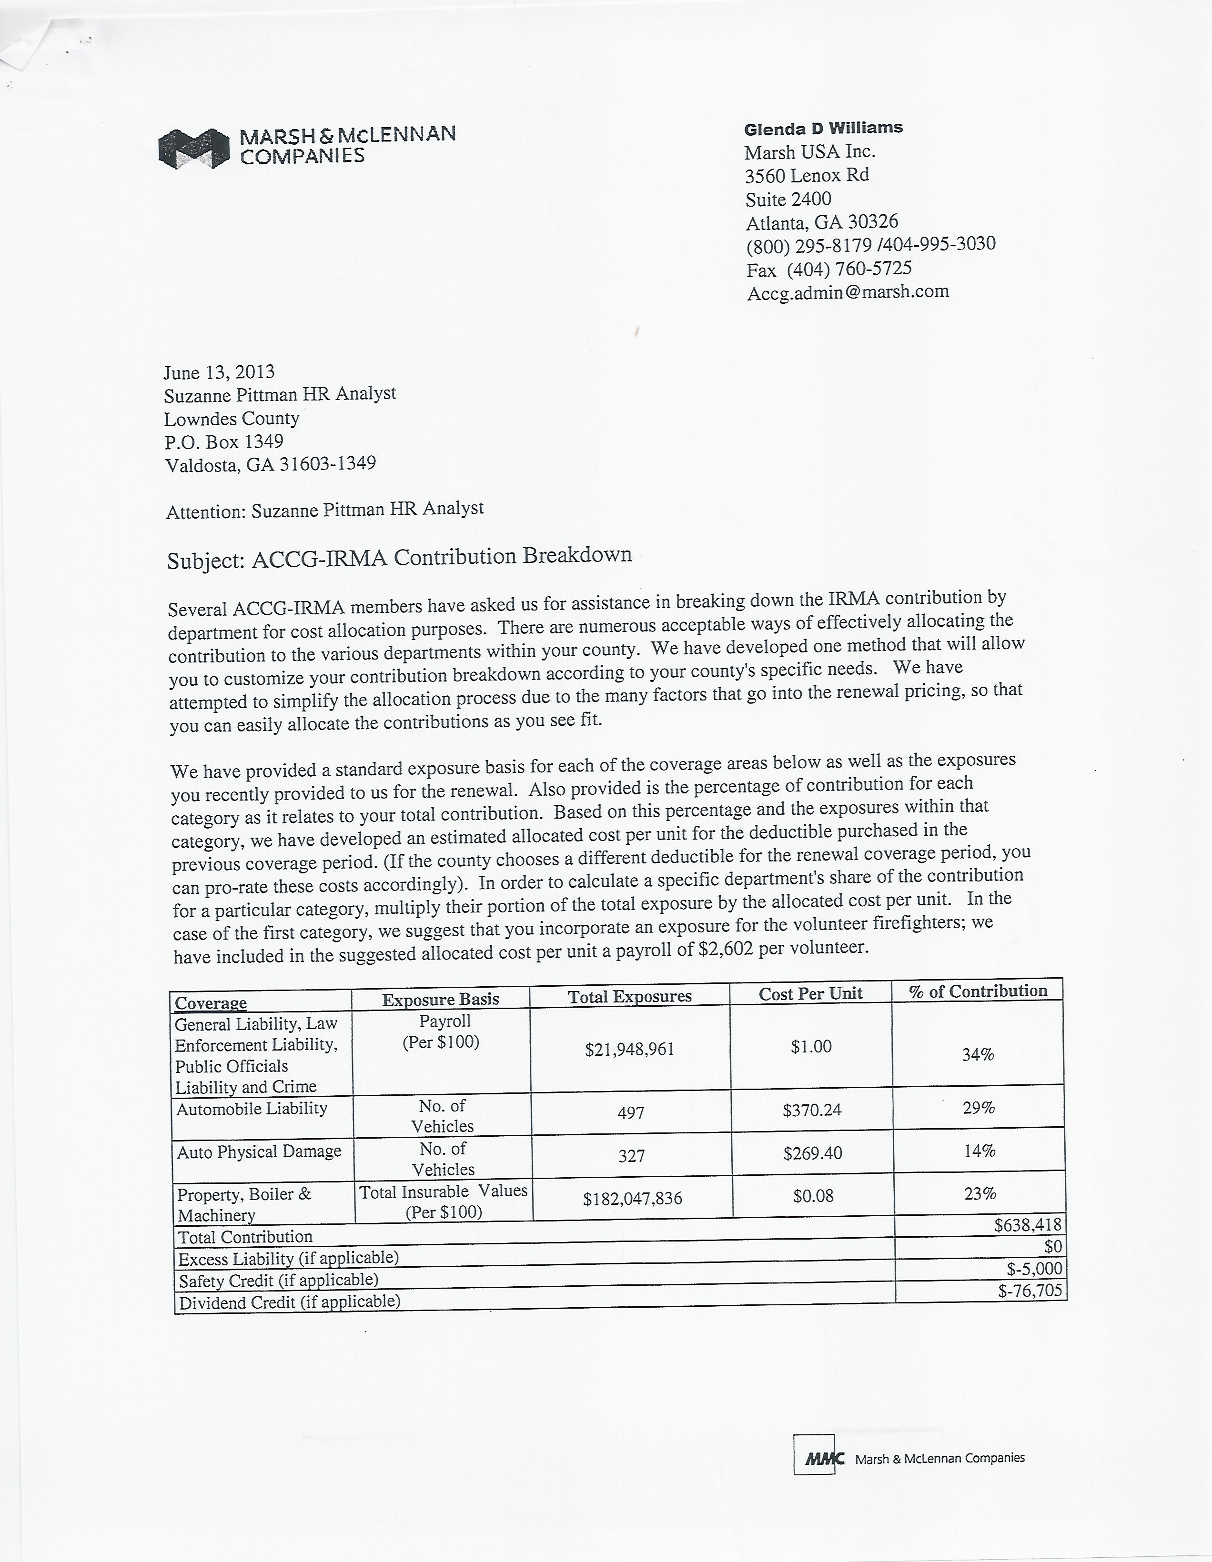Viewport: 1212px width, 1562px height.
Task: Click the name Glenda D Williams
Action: pyautogui.click(x=823, y=129)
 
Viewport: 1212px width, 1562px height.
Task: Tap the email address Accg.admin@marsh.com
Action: pyautogui.click(x=848, y=292)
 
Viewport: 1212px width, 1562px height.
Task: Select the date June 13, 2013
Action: pyautogui.click(x=219, y=372)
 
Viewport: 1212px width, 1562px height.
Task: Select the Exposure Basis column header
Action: pyautogui.click(x=440, y=999)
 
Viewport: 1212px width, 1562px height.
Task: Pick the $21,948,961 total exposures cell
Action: pyautogui.click(x=630, y=1049)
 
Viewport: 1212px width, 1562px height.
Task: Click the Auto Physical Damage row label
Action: pyautogui.click(x=259, y=1152)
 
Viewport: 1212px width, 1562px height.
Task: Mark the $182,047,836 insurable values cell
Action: pyautogui.click(x=633, y=1199)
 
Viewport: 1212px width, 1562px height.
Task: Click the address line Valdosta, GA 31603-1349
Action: pyautogui.click(x=271, y=465)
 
